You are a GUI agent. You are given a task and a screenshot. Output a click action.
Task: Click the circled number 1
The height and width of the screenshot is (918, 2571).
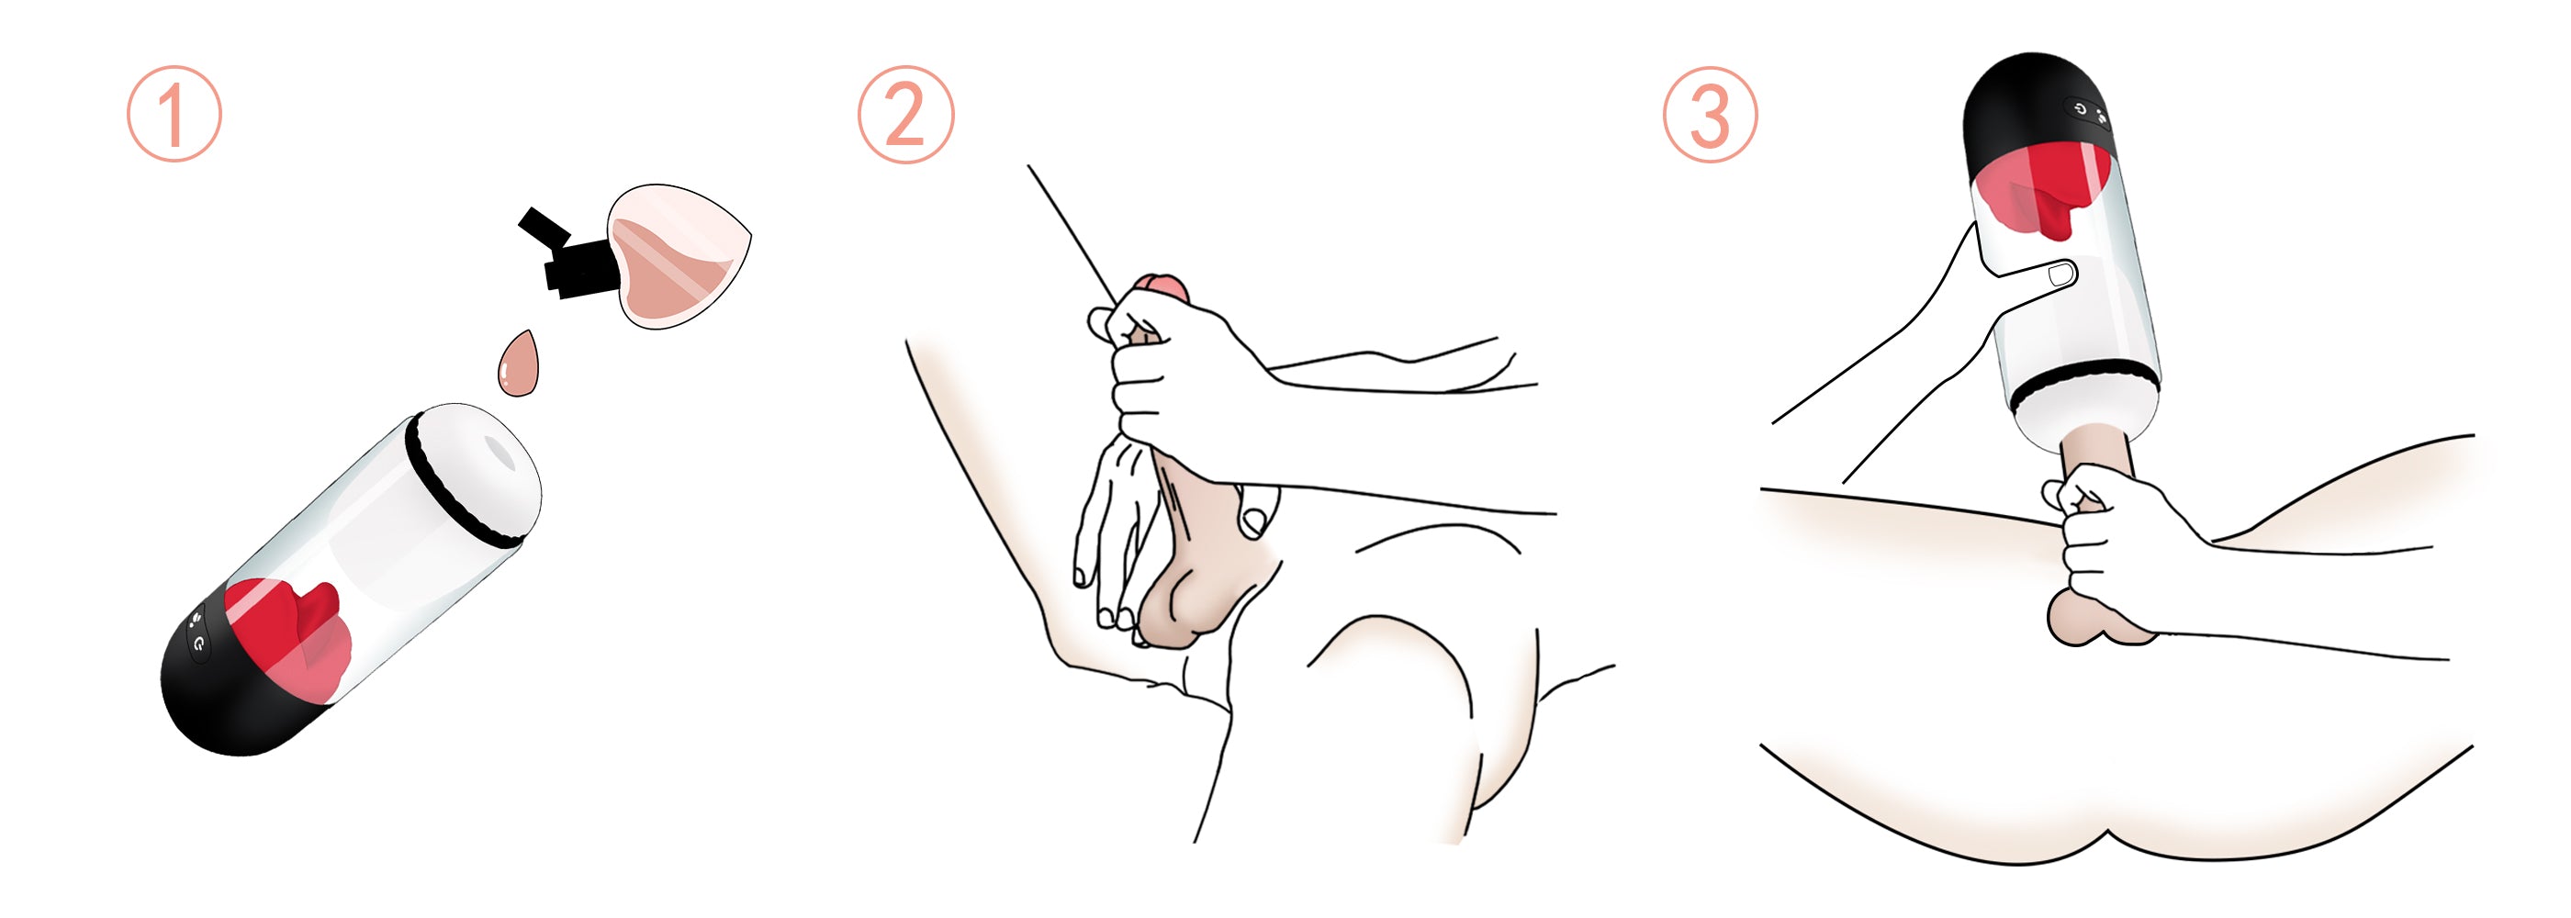pyautogui.click(x=174, y=114)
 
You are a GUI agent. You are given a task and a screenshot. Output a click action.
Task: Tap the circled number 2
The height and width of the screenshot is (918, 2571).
pyautogui.click(x=905, y=115)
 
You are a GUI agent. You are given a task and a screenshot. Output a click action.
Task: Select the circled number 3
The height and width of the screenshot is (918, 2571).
pyautogui.click(x=1710, y=115)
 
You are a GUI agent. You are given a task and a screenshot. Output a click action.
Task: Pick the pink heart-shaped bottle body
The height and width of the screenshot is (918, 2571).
pyautogui.click(x=679, y=255)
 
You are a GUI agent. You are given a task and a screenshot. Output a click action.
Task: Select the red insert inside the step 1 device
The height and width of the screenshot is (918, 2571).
pyautogui.click(x=289, y=633)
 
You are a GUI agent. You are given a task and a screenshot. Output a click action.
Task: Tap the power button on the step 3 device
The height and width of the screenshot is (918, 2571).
pyautogui.click(x=2080, y=108)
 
